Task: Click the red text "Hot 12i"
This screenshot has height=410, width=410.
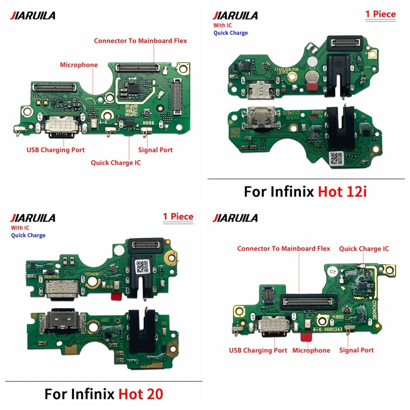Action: (345, 192)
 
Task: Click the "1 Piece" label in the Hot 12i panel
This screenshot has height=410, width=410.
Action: (380, 14)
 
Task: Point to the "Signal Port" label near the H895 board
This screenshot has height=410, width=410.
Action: (356, 351)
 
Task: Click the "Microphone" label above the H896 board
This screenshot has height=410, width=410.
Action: (78, 65)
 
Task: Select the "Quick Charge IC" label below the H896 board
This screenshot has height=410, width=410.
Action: (115, 163)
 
